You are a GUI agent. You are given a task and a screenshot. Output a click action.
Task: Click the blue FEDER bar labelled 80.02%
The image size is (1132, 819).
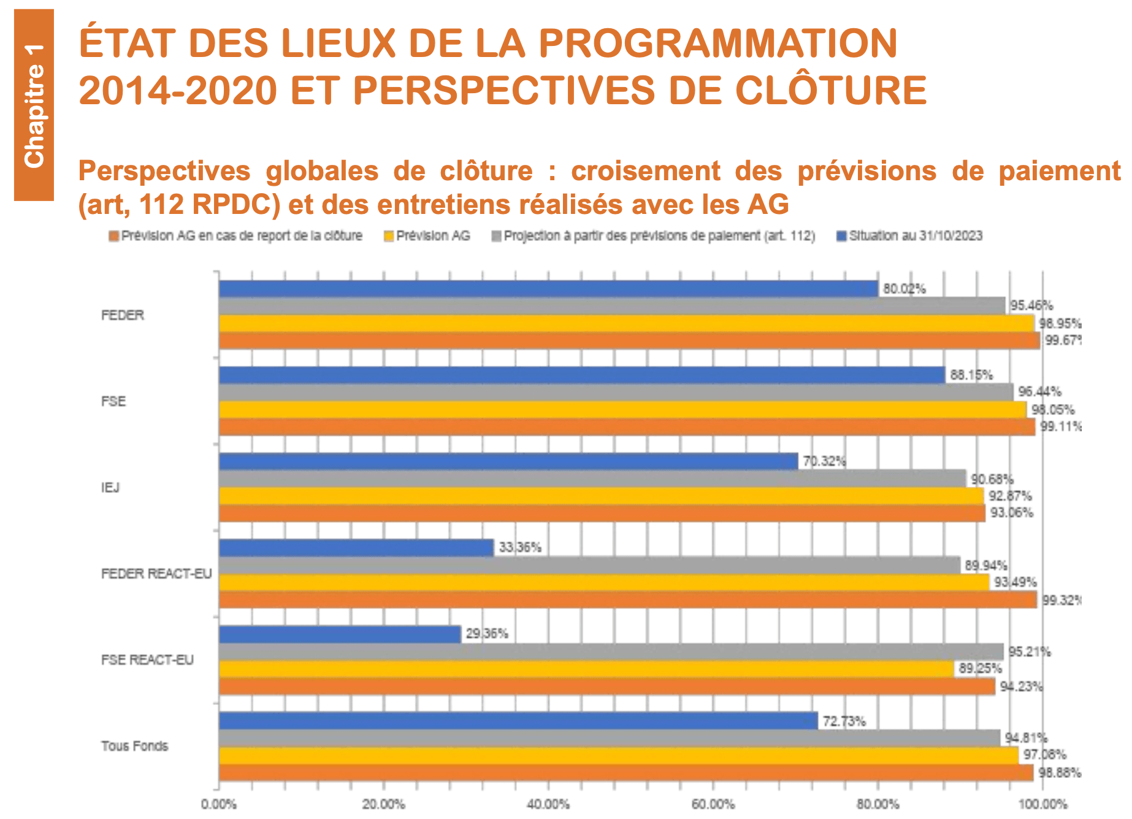(x=548, y=289)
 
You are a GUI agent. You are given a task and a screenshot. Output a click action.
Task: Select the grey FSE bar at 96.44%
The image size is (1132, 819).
(x=616, y=392)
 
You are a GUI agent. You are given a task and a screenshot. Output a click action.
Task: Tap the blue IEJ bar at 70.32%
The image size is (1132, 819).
(x=508, y=462)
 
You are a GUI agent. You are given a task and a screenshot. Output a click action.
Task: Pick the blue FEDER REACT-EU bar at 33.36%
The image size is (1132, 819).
(x=356, y=548)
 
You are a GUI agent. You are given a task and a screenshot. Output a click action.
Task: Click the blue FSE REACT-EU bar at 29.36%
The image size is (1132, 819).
(x=340, y=634)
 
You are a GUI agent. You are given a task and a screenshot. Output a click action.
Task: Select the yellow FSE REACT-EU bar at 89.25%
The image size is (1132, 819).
(x=586, y=669)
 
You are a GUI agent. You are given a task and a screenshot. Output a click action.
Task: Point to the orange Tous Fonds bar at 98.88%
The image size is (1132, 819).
(x=625, y=773)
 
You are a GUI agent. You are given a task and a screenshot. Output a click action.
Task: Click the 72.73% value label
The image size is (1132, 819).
(x=844, y=722)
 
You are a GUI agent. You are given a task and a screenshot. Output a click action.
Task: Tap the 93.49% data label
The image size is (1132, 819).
(x=1015, y=582)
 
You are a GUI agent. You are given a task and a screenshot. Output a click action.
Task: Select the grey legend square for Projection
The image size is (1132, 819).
(x=497, y=237)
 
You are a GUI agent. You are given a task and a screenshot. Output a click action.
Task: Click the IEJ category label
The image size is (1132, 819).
(x=110, y=488)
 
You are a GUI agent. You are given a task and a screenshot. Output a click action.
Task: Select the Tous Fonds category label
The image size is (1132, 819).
(x=134, y=746)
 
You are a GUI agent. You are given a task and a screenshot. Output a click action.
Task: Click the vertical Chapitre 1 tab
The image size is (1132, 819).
(x=34, y=105)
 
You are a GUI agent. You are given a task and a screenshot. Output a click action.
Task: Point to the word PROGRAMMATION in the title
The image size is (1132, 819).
(x=717, y=43)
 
